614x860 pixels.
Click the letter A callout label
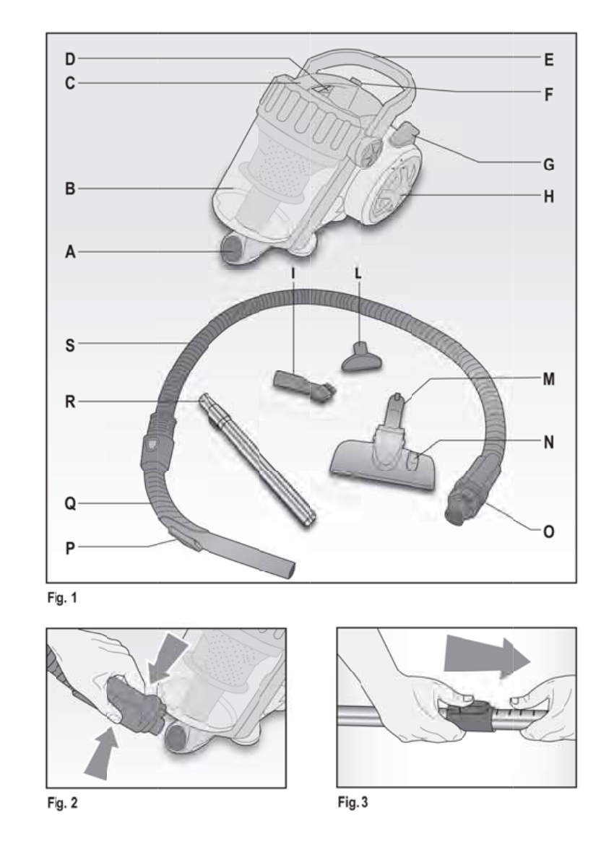tap(69, 252)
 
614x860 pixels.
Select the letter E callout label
tap(548, 61)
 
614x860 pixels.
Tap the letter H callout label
tap(548, 196)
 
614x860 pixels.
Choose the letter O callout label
tap(548, 531)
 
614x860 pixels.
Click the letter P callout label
tap(69, 547)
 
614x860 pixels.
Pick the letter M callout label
tap(548, 378)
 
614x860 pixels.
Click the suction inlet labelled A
tap(235, 251)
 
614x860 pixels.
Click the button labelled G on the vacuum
tap(407, 134)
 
